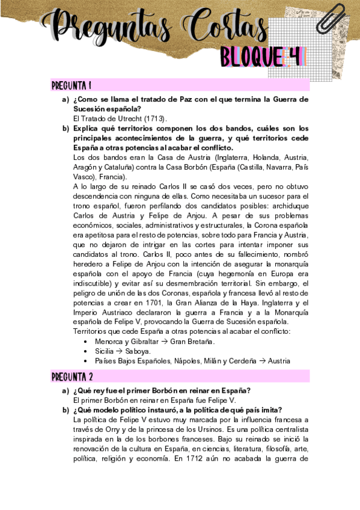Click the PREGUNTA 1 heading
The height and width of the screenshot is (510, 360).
coord(72,85)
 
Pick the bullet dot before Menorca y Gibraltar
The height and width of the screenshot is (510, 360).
coord(88,342)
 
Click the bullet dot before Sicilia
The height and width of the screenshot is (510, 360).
coord(88,351)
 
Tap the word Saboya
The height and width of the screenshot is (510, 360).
coord(138,351)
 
